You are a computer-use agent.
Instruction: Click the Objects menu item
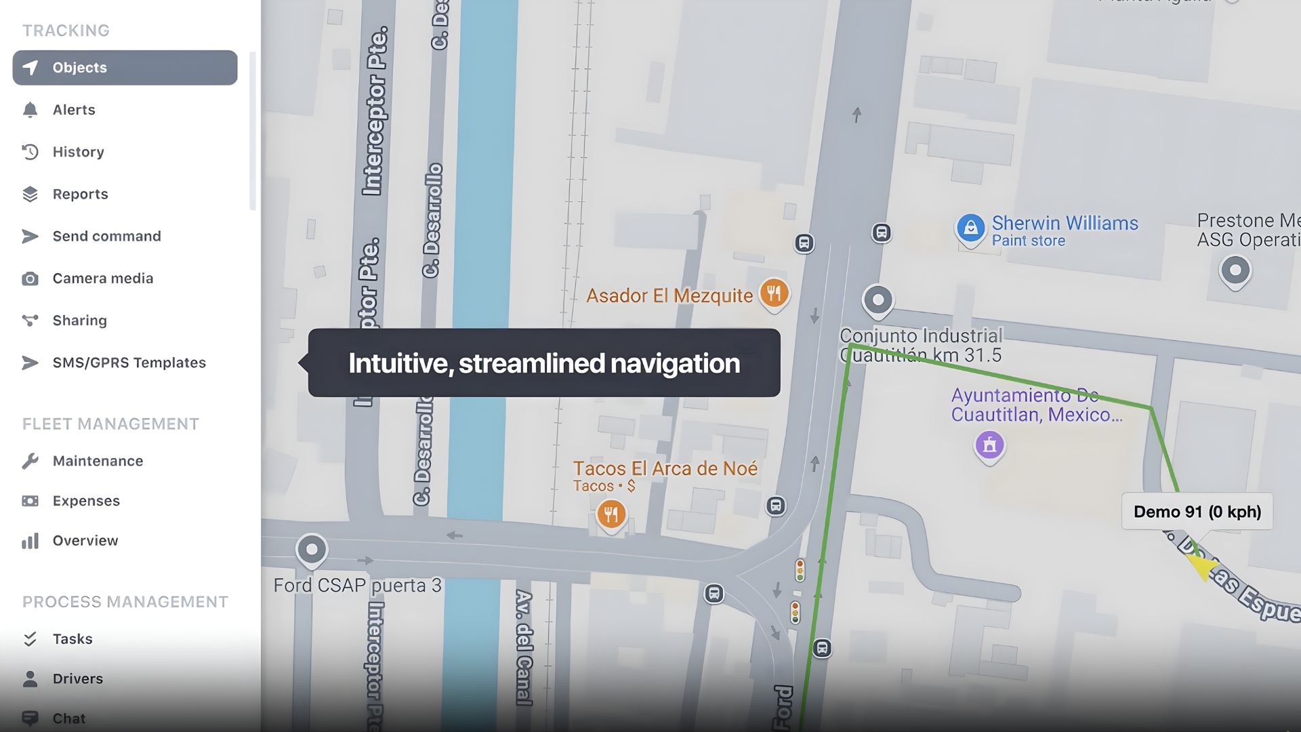[125, 68]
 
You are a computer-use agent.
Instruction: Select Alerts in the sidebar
[74, 110]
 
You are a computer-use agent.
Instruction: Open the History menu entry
[78, 152]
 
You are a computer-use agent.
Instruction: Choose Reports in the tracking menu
[80, 194]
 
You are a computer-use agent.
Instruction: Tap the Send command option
[106, 236]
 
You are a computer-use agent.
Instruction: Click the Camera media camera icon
[30, 279]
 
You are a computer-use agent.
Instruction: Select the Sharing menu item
[79, 321]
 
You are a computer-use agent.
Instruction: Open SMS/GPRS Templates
[129, 363]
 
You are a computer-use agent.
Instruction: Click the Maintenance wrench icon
[30, 462]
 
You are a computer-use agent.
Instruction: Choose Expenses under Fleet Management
[86, 501]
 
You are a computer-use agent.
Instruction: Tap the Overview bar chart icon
[30, 541]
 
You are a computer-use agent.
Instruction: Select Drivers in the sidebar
[77, 678]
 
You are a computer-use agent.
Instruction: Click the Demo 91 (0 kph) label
[1197, 512]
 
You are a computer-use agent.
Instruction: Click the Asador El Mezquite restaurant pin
[774, 293]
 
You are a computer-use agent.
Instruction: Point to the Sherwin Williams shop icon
[970, 228]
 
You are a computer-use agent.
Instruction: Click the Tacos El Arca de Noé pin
[611, 514]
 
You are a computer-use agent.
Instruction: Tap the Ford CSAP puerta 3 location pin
[312, 549]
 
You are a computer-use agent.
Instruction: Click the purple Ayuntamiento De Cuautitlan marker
[989, 445]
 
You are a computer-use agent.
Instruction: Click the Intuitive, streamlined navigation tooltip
[543, 363]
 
